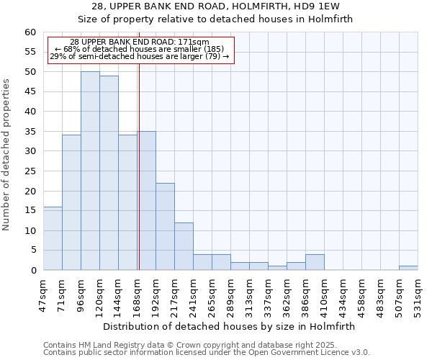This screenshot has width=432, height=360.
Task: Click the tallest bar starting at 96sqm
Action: [90, 171]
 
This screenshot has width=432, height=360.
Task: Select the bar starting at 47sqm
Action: [53, 238]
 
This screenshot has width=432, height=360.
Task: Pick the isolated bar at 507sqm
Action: [408, 268]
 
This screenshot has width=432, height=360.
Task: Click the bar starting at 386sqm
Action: [315, 262]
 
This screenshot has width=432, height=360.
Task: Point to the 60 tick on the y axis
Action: [30, 32]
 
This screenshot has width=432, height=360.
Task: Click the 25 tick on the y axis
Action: [30, 171]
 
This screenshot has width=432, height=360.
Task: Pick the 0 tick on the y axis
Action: [33, 271]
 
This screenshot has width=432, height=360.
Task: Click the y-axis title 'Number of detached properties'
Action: [7, 155]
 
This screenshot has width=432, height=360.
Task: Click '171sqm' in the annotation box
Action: [192, 42]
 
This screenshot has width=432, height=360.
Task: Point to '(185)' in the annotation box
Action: [213, 49]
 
